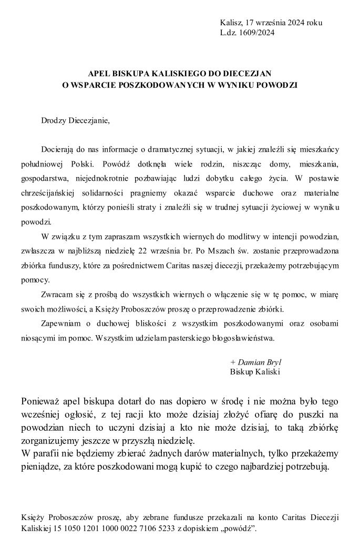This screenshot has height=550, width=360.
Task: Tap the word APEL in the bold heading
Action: (x=98, y=74)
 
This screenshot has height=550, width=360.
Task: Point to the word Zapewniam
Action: (x=61, y=322)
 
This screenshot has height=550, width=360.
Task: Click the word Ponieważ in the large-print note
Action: (x=43, y=401)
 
